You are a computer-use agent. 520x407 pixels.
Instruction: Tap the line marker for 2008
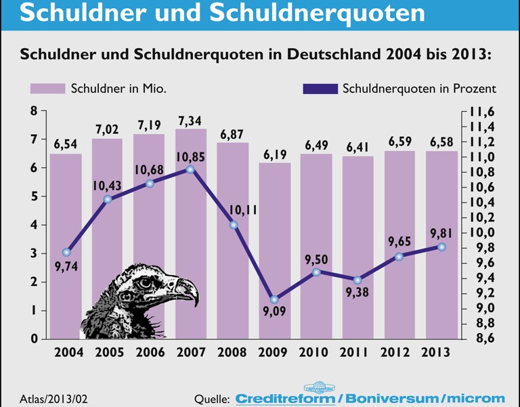[233, 225]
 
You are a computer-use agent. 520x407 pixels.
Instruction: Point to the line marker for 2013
[441, 247]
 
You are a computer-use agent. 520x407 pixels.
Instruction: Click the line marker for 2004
[66, 253]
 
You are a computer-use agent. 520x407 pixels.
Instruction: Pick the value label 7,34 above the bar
[191, 121]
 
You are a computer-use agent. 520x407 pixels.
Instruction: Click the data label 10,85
[191, 157]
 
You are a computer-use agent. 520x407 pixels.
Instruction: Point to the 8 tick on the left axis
[34, 111]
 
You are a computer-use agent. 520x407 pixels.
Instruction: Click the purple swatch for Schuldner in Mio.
[47, 89]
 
